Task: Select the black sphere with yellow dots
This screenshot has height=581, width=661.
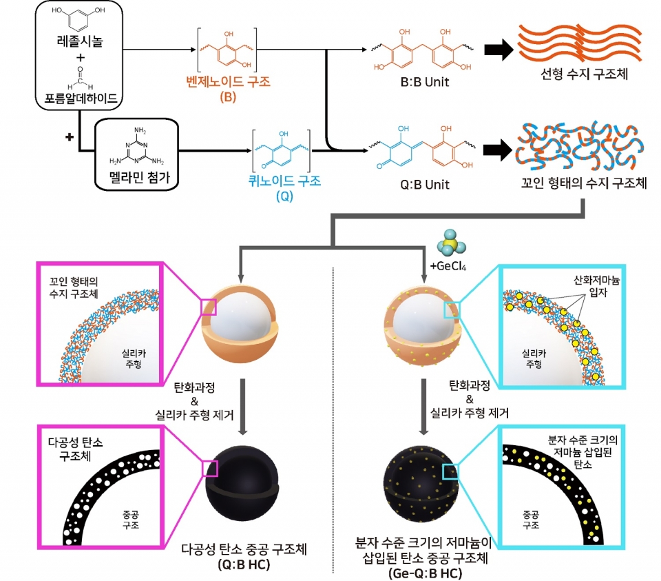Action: tap(421, 485)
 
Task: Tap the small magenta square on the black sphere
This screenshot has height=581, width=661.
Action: tap(210, 469)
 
